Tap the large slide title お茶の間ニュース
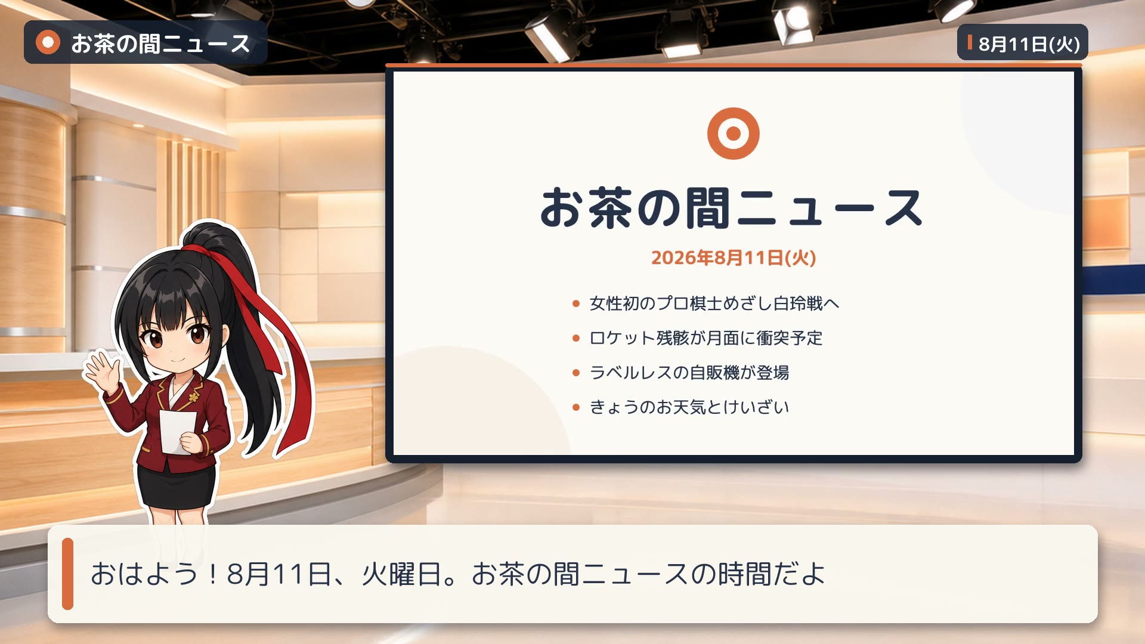point(732,208)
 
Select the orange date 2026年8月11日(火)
point(734,258)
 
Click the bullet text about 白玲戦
point(714,304)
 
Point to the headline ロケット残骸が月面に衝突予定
point(706,338)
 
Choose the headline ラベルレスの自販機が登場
point(689,373)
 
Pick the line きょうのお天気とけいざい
point(689,407)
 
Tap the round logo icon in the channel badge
point(48,42)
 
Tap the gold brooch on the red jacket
point(194,396)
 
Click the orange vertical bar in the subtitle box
point(67,574)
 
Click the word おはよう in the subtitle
point(144,574)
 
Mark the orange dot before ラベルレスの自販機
point(575,373)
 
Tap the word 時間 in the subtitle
point(744,574)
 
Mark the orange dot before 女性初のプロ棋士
point(575,304)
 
